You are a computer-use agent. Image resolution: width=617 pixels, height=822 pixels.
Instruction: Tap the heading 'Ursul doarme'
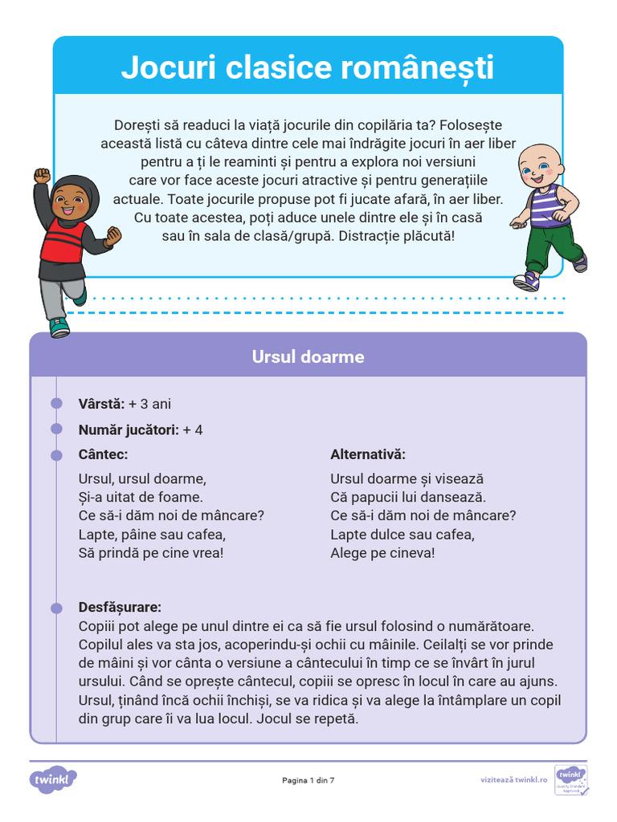click(308, 356)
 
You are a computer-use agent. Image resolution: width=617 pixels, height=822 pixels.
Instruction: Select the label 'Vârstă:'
click(101, 404)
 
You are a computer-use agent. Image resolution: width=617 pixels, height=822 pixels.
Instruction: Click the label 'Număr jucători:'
click(128, 429)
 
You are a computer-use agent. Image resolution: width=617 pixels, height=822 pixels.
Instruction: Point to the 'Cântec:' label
click(103, 455)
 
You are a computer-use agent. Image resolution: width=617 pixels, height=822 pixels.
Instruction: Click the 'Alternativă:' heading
click(368, 455)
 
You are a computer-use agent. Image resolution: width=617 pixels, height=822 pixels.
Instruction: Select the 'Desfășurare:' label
click(120, 607)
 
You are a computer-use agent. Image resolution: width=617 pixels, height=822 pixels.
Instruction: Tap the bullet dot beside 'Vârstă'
click(56, 403)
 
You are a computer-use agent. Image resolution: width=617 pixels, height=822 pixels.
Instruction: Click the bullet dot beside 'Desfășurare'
click(56, 608)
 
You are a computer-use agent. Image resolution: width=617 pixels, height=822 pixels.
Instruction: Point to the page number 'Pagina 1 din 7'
click(308, 779)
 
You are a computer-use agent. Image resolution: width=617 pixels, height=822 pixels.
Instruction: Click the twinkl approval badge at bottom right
click(571, 779)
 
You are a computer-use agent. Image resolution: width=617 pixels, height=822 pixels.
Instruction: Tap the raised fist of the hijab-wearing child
click(42, 177)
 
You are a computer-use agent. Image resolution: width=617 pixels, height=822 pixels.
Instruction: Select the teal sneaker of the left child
click(59, 328)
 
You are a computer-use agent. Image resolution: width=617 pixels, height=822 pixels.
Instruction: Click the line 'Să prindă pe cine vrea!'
click(151, 553)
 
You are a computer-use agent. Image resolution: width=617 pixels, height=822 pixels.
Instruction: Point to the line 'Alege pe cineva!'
click(382, 553)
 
